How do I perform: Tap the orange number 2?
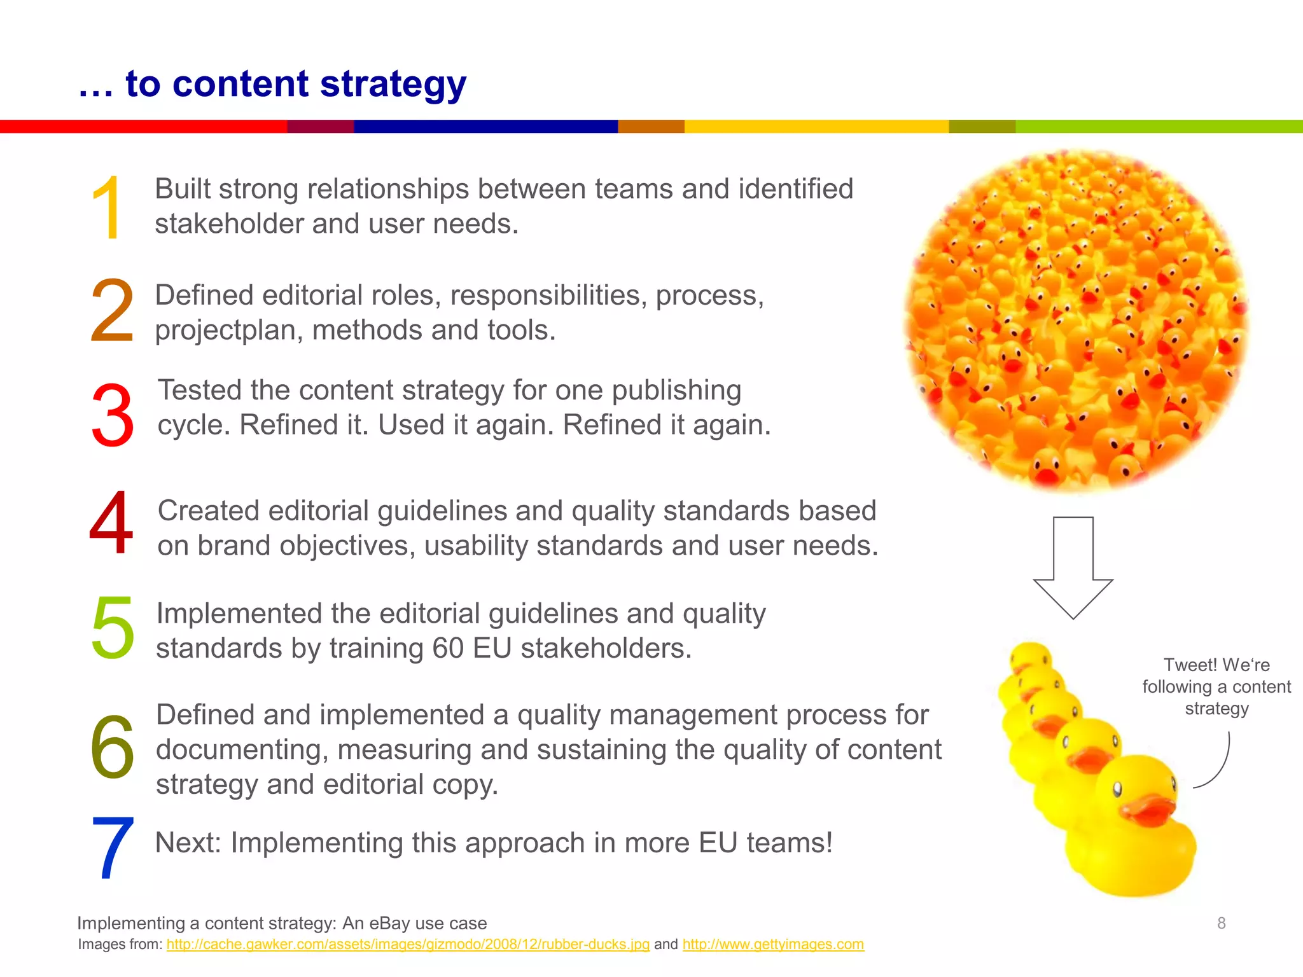coord(112,312)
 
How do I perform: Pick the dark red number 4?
coord(111,523)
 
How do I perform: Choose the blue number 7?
coord(113,848)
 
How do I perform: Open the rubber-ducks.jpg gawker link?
coord(408,945)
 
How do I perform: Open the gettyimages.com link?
coord(773,945)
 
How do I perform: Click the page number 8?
coord(1221,923)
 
